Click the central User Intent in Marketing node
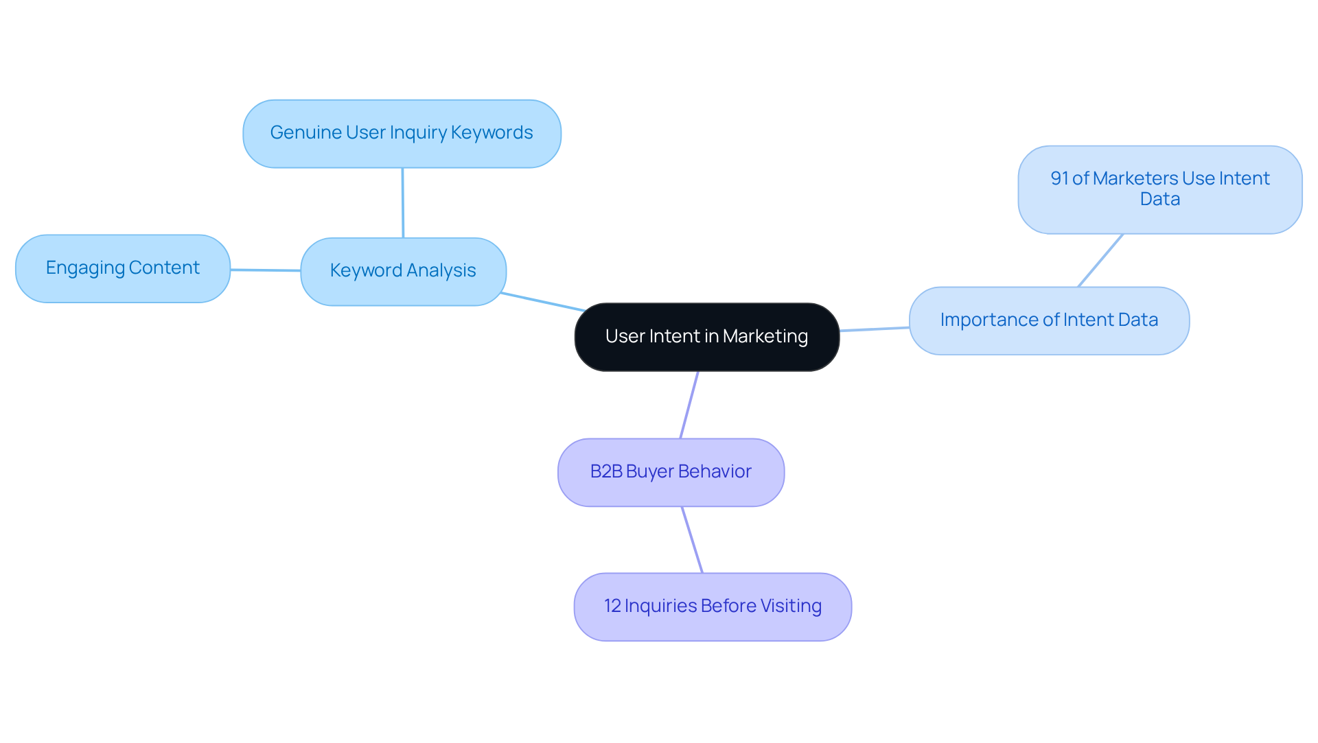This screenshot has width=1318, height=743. (x=706, y=337)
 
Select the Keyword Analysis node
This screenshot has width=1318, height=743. (x=403, y=271)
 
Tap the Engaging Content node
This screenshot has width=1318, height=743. (x=123, y=268)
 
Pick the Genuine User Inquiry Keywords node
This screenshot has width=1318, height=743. (x=402, y=133)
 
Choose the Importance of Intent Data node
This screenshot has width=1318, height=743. (x=1048, y=320)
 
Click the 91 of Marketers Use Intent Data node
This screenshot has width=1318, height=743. (x=1159, y=189)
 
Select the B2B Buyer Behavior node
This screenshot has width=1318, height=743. (x=671, y=472)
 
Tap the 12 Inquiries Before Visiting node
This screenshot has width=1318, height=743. (x=713, y=606)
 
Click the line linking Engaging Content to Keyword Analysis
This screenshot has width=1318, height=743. (x=265, y=270)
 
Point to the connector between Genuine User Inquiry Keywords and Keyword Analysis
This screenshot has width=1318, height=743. (x=403, y=202)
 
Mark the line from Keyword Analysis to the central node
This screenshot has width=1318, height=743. (x=542, y=302)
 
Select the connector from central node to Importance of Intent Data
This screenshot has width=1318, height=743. (x=874, y=329)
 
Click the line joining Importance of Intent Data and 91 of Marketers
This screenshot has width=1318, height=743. (x=1100, y=260)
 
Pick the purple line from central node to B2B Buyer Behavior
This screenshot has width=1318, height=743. (x=689, y=405)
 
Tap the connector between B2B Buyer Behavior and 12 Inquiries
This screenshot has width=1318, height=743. (x=692, y=539)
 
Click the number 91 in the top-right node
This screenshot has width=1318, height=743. (x=1059, y=179)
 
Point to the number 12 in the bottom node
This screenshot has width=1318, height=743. (x=612, y=606)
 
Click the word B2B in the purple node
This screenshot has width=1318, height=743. (x=605, y=472)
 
